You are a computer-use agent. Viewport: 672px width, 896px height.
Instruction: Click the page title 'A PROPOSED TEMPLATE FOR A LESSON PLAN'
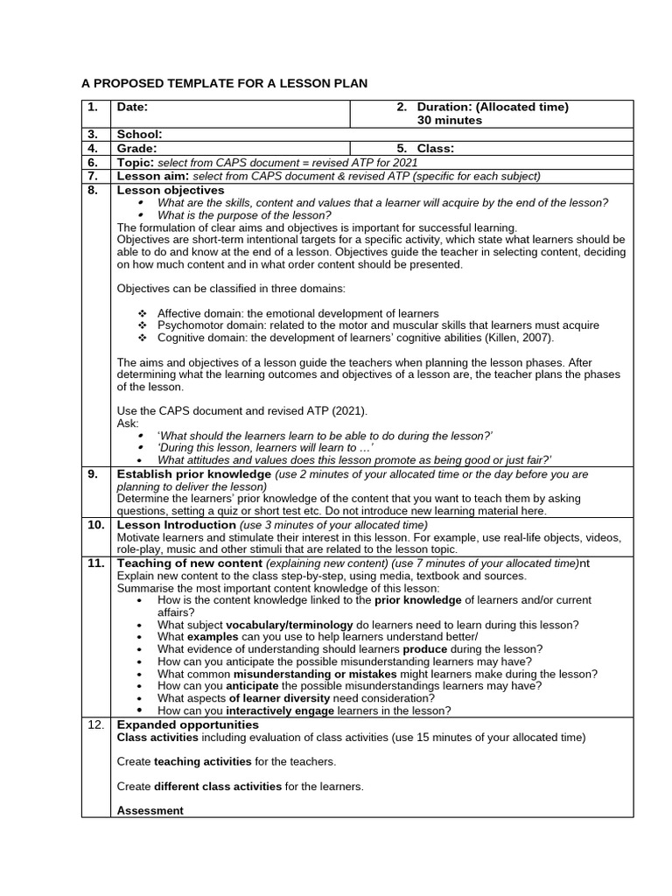(x=225, y=83)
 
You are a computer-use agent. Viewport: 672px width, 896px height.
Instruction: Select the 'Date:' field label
(x=133, y=107)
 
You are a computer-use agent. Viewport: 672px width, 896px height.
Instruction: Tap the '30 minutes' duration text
(x=449, y=120)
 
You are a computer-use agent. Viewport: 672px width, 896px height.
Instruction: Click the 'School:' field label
(x=139, y=135)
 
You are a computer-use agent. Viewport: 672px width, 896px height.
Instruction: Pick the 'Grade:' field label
(x=137, y=149)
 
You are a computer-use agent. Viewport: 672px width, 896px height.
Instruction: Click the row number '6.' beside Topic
(x=93, y=163)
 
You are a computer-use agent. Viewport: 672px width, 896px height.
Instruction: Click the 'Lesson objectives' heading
(x=171, y=190)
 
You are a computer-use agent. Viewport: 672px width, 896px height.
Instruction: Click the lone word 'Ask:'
(x=128, y=423)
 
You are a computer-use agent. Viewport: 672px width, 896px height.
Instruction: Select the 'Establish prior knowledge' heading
(x=194, y=474)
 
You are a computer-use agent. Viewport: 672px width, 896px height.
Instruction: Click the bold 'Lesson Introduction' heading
(x=177, y=525)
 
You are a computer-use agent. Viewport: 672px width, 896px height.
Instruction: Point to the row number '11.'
(x=96, y=563)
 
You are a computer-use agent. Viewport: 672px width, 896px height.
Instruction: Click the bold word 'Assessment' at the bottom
(x=150, y=810)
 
